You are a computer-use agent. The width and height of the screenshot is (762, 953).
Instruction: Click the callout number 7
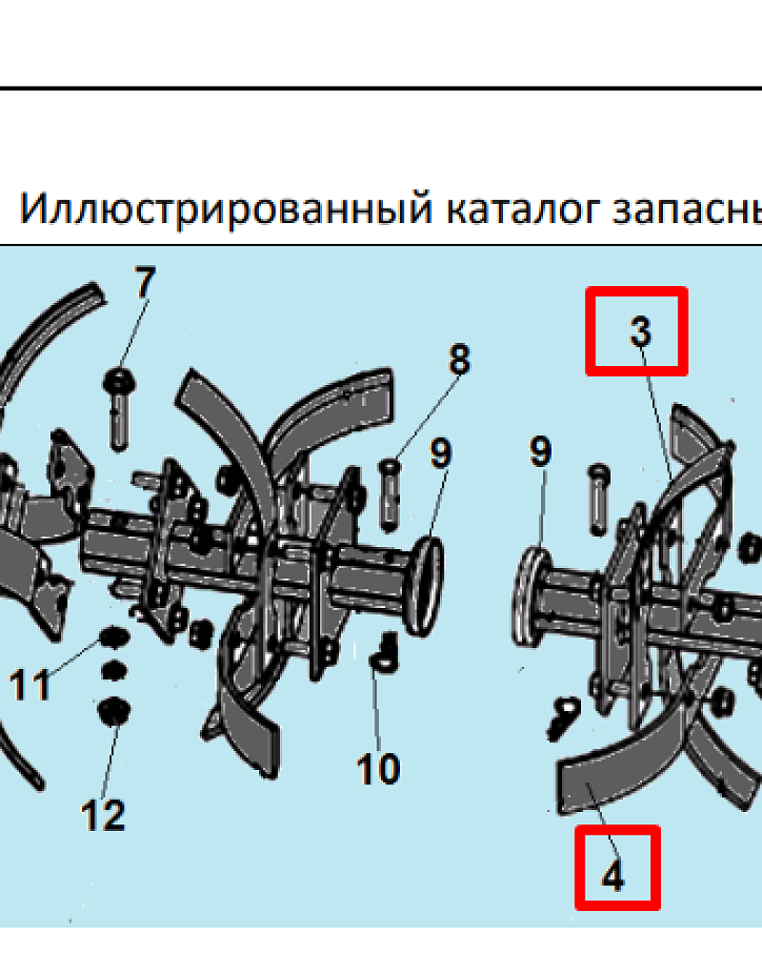(x=145, y=283)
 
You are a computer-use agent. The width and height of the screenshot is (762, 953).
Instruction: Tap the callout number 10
(x=378, y=768)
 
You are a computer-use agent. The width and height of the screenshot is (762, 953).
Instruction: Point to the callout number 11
(x=30, y=684)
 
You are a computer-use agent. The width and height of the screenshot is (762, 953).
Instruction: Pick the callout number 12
(x=103, y=815)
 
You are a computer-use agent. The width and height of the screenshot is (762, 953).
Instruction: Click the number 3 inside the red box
(x=640, y=332)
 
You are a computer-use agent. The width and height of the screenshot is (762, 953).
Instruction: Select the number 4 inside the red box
(x=613, y=876)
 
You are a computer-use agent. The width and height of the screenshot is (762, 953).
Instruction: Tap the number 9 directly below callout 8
(x=441, y=453)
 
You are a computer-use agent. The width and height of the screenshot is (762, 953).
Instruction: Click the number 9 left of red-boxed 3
(x=540, y=451)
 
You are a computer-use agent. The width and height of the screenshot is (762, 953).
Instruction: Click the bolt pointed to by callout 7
(x=119, y=409)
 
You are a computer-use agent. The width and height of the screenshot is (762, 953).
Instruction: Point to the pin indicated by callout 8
(x=390, y=495)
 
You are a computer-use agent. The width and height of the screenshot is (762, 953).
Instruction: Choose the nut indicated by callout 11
(x=113, y=639)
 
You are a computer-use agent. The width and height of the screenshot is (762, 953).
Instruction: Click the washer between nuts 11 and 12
(x=113, y=671)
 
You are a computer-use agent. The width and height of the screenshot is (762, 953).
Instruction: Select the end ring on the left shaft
(x=427, y=586)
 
